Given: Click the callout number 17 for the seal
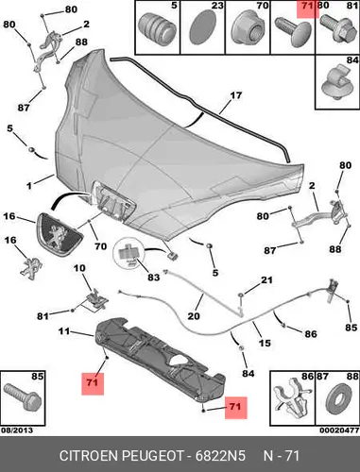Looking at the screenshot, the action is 236,95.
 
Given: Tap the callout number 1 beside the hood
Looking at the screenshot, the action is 29,186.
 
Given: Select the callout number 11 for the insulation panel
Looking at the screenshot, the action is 64,331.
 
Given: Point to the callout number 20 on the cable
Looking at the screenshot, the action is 194,315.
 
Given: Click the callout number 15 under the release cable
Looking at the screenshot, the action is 265,343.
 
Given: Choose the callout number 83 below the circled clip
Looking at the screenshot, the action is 154,278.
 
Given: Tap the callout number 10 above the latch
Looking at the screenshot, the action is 79,268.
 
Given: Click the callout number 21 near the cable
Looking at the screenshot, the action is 266,279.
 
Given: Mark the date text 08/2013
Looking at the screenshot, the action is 17,430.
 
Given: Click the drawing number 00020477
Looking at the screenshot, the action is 339,430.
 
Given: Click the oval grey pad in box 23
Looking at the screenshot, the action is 202,26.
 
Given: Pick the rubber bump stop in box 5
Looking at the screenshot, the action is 158,27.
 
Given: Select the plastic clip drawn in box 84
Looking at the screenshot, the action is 337,82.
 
